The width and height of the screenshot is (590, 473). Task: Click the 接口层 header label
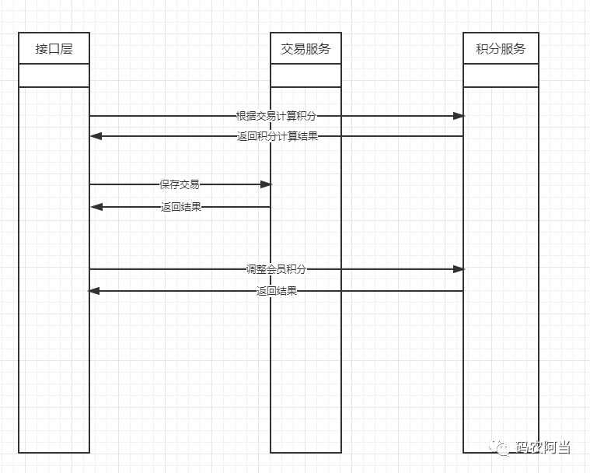(54, 49)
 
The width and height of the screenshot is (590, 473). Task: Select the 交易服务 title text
(305, 49)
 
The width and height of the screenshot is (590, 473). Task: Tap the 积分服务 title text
(501, 49)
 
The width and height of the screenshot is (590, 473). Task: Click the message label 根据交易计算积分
(276, 116)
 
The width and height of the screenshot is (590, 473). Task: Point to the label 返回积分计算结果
(277, 136)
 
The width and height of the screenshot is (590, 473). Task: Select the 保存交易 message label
(180, 184)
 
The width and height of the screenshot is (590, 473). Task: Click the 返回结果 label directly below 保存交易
(181, 207)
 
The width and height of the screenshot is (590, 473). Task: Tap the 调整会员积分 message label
(276, 269)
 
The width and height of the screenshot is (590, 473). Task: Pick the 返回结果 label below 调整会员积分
(276, 291)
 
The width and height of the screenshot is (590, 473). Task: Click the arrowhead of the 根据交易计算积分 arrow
(459, 116)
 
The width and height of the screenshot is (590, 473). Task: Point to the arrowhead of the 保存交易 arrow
(266, 184)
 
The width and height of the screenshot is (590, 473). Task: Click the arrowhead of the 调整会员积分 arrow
(459, 269)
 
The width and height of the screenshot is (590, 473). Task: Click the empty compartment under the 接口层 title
(54, 75)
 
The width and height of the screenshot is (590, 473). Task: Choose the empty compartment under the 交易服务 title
(305, 75)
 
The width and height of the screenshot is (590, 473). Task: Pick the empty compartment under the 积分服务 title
(501, 75)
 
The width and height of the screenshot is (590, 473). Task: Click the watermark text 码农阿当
(543, 448)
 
